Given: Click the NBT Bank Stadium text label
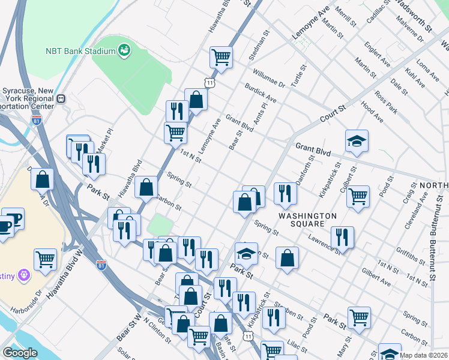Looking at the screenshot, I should (x=80, y=50).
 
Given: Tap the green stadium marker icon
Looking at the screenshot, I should (x=124, y=50).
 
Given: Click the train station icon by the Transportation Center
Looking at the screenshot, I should (x=60, y=98).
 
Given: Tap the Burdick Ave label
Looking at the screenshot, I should (x=261, y=93).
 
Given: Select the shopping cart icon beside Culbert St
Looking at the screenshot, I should (x=358, y=195).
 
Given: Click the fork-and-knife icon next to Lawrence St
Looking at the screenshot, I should (x=342, y=236).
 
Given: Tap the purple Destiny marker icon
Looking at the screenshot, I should (x=23, y=275).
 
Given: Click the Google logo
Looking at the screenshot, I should (x=20, y=353).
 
